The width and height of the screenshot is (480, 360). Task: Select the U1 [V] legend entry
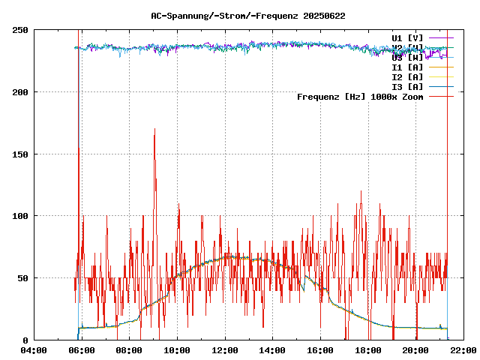click(407, 37)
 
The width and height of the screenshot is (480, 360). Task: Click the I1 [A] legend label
click(407, 67)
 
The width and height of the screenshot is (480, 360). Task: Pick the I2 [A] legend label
click(407, 77)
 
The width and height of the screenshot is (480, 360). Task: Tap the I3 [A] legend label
click(407, 87)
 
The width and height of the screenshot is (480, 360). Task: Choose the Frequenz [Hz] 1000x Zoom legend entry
click(360, 97)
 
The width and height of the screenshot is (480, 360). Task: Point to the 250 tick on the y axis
click(21, 30)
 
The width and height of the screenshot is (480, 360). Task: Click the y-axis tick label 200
click(21, 92)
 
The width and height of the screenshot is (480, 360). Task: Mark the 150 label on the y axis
click(21, 154)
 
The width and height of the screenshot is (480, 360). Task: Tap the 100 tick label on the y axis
click(21, 216)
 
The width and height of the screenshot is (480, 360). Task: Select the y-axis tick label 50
click(23, 278)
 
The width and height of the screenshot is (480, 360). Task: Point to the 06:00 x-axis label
click(81, 350)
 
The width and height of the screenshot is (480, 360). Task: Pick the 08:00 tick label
click(129, 350)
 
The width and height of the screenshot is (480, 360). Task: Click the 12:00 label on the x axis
click(224, 350)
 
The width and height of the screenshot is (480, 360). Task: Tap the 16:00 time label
click(320, 350)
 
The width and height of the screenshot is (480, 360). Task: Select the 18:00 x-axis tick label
click(367, 350)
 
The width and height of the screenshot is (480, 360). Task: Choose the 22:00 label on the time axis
click(463, 350)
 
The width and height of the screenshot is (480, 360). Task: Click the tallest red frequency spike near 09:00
click(154, 130)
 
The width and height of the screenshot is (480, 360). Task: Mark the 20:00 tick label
click(415, 350)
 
